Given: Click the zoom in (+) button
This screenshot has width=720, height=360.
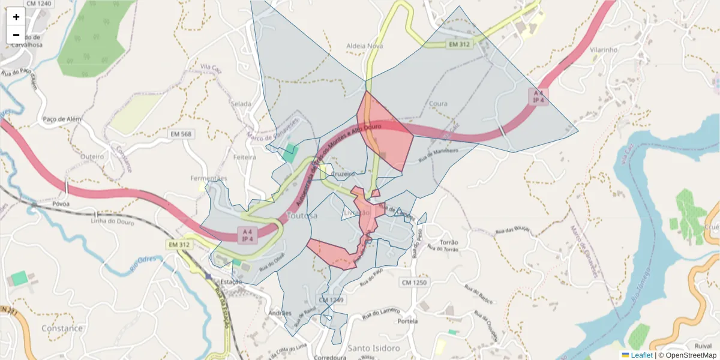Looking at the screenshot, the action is point(16,17).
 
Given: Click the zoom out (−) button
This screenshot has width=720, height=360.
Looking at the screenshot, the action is point(16,35).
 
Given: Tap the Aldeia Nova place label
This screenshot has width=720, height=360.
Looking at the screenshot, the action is point(364,46).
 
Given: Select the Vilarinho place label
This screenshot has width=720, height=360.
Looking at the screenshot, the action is point(603,50).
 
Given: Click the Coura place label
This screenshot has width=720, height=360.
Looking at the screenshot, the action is point(438,104).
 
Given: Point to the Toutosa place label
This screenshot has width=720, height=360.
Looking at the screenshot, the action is point(302,215).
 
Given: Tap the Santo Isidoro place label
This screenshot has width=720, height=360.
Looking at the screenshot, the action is point(374,348).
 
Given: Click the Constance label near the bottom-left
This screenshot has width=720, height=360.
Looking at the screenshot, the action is point(62,328).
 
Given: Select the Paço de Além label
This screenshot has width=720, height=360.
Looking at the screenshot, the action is point(62,119).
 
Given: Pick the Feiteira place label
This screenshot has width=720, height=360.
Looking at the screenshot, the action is point(245,157).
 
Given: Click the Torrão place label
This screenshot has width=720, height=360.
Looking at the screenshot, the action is point(449,242).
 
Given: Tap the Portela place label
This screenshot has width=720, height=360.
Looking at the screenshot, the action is point(407,321).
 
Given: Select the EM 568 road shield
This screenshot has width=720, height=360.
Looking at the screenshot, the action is point(181,134).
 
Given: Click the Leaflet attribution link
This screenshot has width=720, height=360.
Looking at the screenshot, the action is point(641,355).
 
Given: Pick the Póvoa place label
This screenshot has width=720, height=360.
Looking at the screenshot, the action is point(61,204).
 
